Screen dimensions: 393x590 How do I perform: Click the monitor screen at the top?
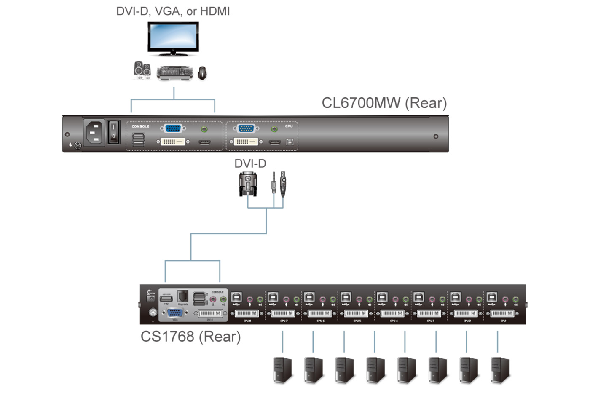pyautogui.click(x=173, y=37)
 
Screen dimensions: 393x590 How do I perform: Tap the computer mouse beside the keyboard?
pyautogui.click(x=203, y=73)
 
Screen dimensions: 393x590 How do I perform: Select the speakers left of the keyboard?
pyautogui.click(x=142, y=70)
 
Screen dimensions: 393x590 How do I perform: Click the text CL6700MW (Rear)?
pyautogui.click(x=384, y=103)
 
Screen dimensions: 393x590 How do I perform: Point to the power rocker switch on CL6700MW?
pyautogui.click(x=113, y=131)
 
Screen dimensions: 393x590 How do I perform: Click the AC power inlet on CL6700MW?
pyautogui.click(x=94, y=132)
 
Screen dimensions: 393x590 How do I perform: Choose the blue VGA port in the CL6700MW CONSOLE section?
pyautogui.click(x=173, y=128)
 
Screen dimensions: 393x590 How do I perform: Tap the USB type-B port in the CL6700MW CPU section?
pyautogui.click(x=290, y=142)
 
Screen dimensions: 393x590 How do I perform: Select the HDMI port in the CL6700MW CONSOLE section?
pyautogui.click(x=205, y=142)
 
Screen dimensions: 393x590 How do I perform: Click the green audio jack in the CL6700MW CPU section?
pyautogui.click(x=274, y=129)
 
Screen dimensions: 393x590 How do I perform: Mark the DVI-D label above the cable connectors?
pyautogui.click(x=250, y=163)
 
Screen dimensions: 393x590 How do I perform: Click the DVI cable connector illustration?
pyautogui.click(x=248, y=184)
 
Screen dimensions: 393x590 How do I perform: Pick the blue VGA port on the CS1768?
pyautogui.click(x=175, y=313)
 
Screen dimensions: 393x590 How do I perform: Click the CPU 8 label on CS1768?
pyautogui.click(x=247, y=321)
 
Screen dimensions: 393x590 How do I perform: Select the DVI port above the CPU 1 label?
pyautogui.click(x=502, y=313)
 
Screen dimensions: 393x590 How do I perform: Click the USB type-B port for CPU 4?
pyautogui.click(x=382, y=297)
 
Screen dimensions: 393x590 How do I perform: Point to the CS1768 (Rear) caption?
pyautogui.click(x=190, y=337)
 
